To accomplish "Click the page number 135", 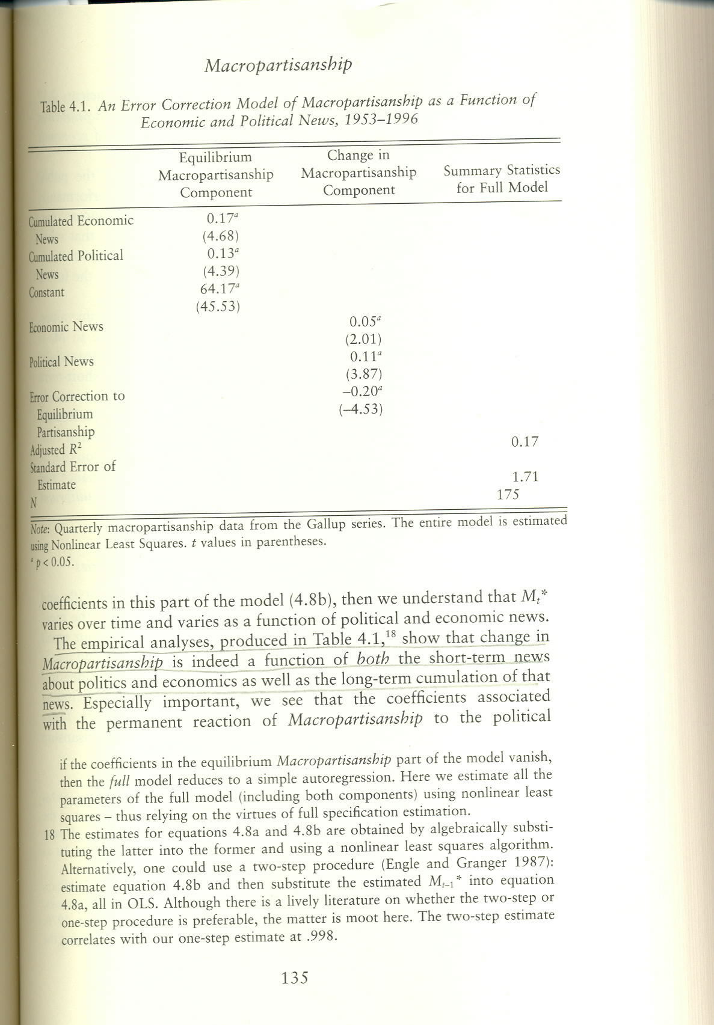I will point(294,978).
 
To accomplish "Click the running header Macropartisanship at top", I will point(278,64).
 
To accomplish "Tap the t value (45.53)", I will point(218,307).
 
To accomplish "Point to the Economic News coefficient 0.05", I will point(363,322).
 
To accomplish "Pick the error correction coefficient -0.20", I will point(362,391).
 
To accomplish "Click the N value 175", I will point(508,495).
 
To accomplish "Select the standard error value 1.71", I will point(525,477).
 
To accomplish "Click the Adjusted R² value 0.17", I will point(525,442).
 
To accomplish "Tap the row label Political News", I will point(61,362).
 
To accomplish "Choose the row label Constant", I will point(46,293).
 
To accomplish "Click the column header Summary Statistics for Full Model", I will point(502,179).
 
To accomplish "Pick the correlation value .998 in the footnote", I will point(320,937).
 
